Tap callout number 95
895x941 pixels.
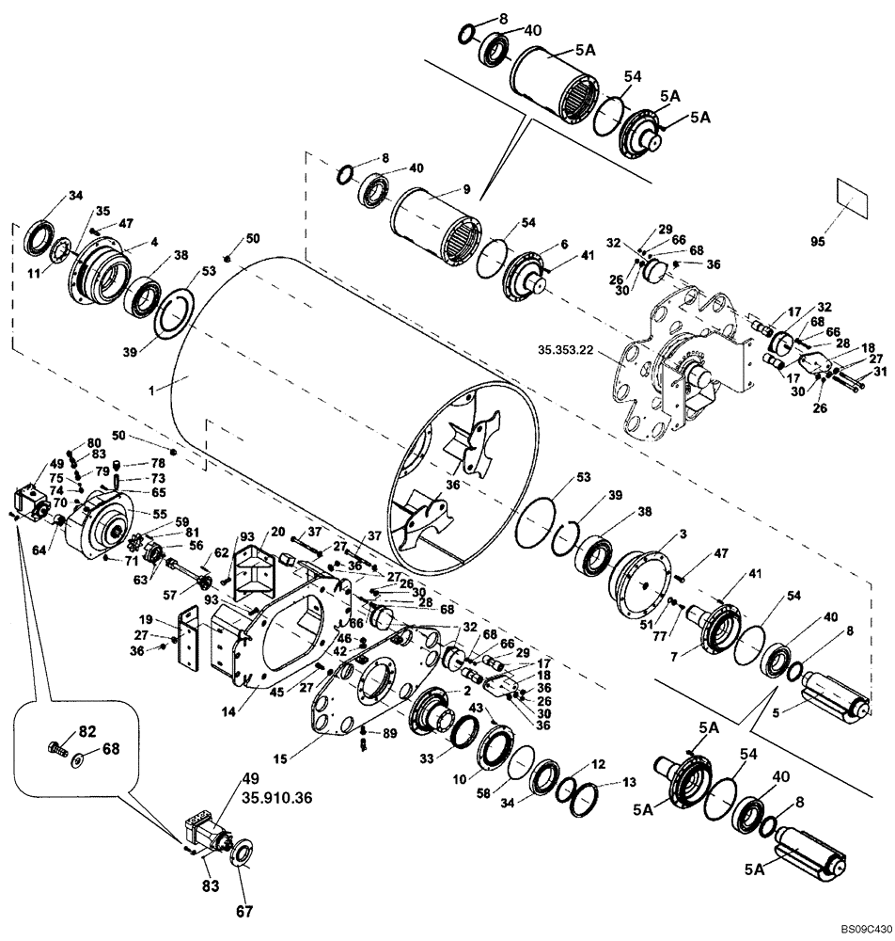[x=849, y=242]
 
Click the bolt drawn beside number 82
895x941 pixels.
[x=55, y=749]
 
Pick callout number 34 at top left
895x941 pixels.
[x=75, y=196]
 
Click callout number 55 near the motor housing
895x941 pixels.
[x=160, y=514]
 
